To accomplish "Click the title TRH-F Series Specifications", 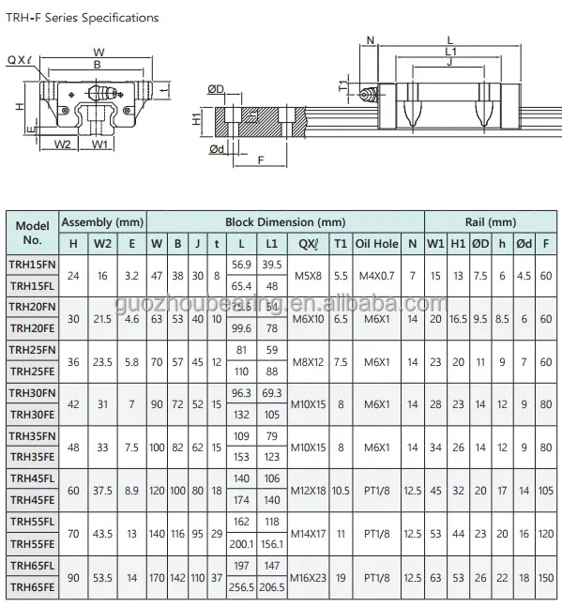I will tap(83, 18).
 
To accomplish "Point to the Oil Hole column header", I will tap(376, 245).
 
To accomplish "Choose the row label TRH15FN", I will tap(32, 266).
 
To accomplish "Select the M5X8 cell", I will tap(308, 275).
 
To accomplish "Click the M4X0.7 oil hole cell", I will tap(376, 275).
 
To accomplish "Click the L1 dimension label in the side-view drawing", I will tap(450, 51).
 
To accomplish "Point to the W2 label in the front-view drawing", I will tap(63, 144).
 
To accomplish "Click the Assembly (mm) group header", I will tap(102, 222).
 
